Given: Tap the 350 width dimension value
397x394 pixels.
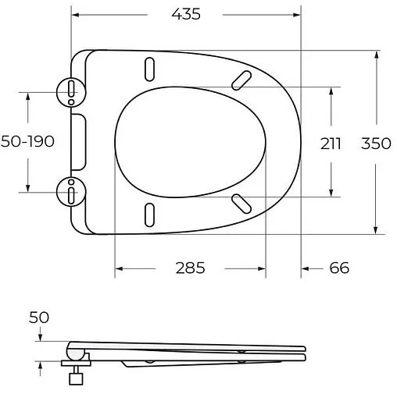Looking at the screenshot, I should pos(377,143).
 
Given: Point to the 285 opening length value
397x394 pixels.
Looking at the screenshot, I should pos(190,268).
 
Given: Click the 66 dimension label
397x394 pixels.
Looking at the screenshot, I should pos(338,268).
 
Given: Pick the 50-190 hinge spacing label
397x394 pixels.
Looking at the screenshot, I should pos(28,143).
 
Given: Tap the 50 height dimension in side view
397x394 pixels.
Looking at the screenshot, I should pos(39,317).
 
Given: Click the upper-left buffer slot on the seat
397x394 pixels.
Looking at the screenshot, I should pos(148,69).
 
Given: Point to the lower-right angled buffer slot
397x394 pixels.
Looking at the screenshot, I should pos(241,202).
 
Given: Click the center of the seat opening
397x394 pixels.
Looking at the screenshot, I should pos(190,142).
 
